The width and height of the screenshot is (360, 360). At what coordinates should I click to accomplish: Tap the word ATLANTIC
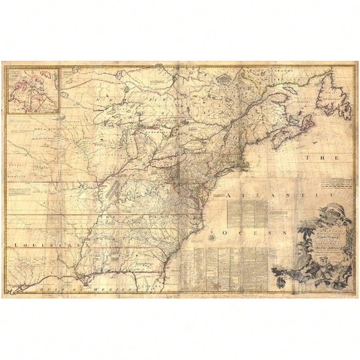click(x=280, y=195)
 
